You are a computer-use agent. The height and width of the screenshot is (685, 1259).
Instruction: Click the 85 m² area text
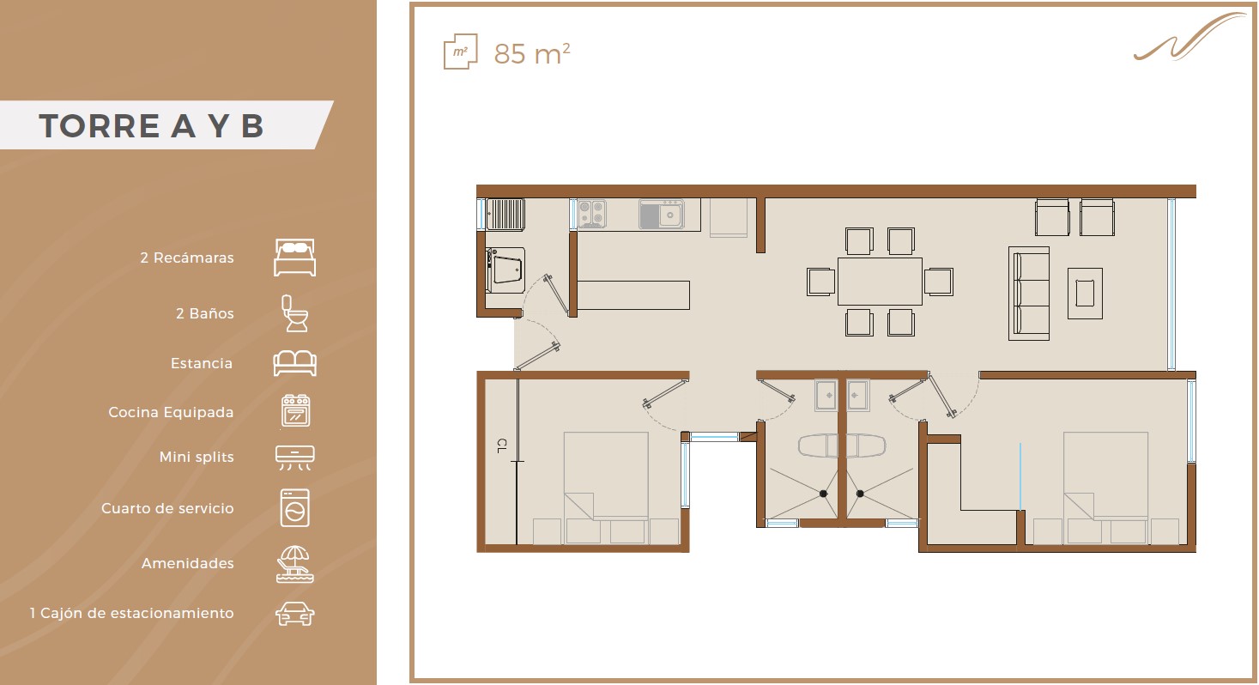(x=532, y=54)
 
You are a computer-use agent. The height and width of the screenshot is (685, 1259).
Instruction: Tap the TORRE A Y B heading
(x=151, y=125)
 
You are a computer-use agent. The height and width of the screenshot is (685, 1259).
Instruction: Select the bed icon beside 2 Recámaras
(x=294, y=258)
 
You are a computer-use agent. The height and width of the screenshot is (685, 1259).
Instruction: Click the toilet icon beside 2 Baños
(x=294, y=313)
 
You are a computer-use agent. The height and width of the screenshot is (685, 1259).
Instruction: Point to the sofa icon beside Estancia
(x=294, y=363)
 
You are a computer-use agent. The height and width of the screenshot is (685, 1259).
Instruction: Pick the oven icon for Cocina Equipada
(x=295, y=410)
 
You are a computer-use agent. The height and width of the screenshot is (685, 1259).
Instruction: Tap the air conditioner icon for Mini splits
(x=294, y=458)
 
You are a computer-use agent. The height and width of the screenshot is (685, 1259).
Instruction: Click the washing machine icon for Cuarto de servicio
(x=294, y=508)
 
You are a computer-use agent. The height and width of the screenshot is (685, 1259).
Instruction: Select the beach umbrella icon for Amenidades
(x=294, y=564)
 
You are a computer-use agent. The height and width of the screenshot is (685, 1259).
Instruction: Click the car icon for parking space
(x=294, y=614)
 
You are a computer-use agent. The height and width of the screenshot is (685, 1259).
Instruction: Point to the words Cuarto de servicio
(x=167, y=508)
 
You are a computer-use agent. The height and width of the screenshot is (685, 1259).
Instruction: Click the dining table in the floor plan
(x=880, y=282)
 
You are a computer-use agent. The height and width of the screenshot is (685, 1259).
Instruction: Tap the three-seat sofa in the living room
(x=1029, y=294)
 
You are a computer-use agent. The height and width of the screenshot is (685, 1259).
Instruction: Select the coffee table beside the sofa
(x=1085, y=294)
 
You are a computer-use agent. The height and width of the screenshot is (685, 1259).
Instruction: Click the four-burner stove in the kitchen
(x=591, y=214)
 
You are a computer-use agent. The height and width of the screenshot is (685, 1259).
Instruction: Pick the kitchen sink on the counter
(x=662, y=215)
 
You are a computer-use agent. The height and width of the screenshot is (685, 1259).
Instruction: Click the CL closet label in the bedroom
(x=502, y=446)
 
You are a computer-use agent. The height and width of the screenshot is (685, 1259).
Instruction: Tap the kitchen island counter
(x=633, y=295)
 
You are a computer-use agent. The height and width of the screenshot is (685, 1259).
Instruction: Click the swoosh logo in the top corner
(x=1189, y=37)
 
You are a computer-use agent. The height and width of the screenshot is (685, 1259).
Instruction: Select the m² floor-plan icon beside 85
(x=460, y=52)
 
